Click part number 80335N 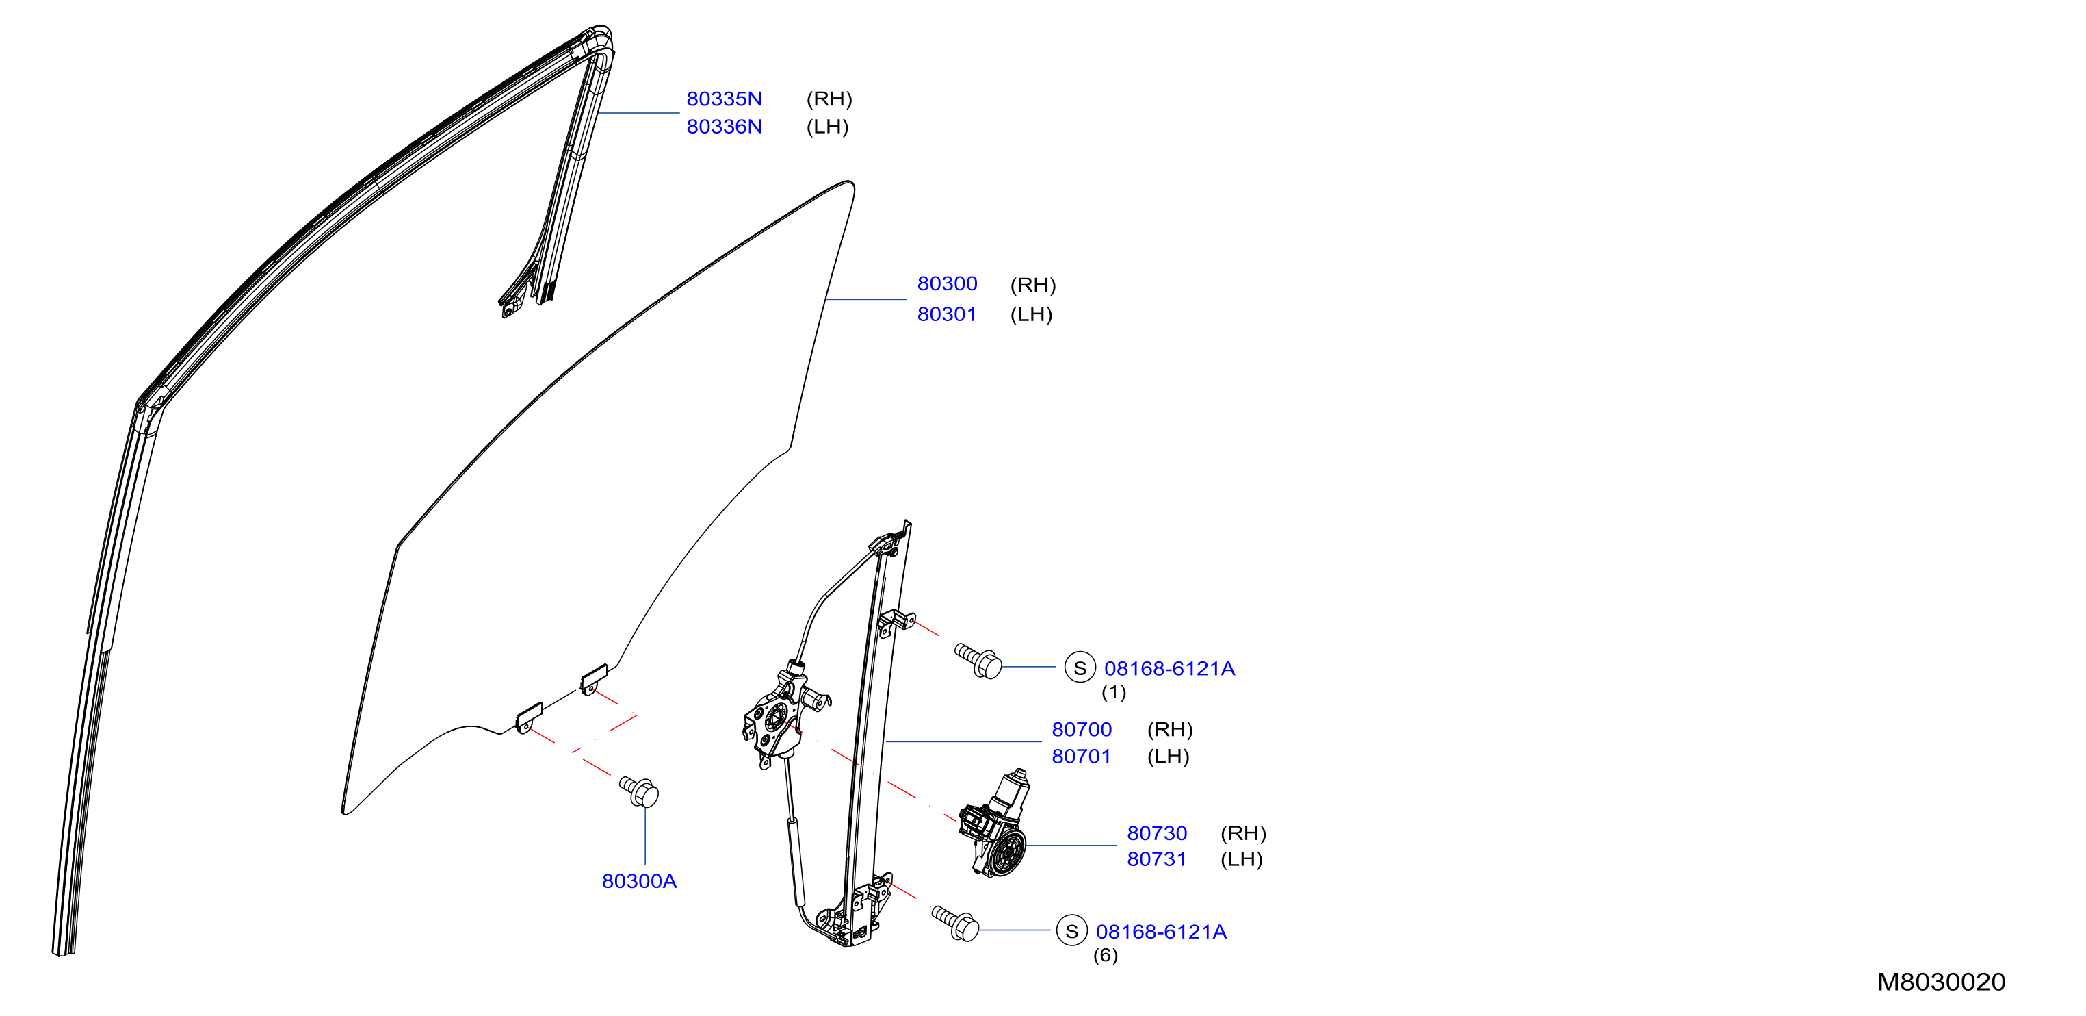point(724,99)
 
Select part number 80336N point(724,127)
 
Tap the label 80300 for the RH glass point(947,283)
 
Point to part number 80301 point(947,314)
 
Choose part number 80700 point(1081,729)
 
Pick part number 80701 point(1081,756)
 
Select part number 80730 point(1156,833)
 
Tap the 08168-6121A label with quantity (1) point(1169,668)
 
